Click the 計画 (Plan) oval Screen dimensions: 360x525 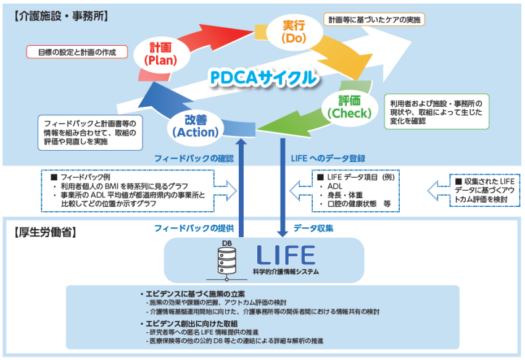click(160, 54)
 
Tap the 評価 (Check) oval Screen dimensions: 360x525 click(350, 107)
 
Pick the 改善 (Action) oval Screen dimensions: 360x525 click(195, 125)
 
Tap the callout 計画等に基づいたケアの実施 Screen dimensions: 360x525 click(374, 20)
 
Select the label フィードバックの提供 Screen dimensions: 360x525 click(194, 228)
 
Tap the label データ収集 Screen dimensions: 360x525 click(313, 228)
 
